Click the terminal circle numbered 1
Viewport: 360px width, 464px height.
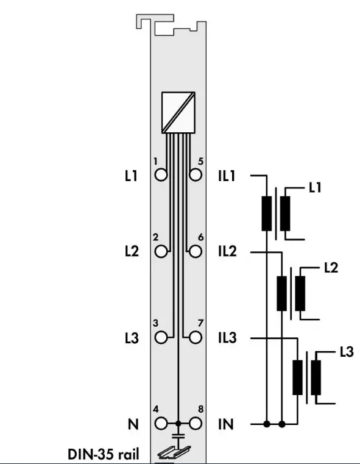[161, 174]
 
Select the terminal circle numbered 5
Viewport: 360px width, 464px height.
[196, 174]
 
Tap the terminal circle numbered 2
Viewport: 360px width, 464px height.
[161, 252]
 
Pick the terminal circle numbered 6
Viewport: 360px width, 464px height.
[196, 252]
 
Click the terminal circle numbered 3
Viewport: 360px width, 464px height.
[161, 338]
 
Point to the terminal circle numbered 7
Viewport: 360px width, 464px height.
[196, 338]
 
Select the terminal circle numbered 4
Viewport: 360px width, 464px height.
[161, 424]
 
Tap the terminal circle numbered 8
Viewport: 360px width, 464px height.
[196, 424]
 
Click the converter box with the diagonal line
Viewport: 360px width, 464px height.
[178, 112]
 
